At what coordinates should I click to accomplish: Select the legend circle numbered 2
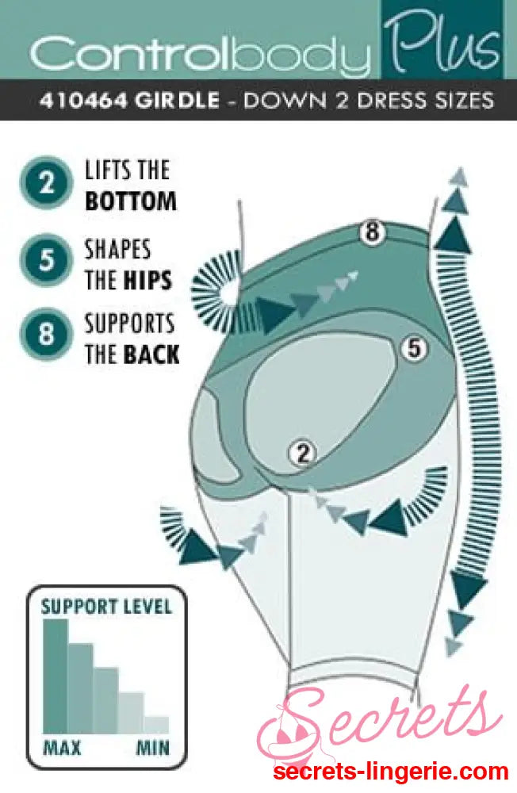click(47, 183)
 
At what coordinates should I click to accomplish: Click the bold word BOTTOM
click(130, 201)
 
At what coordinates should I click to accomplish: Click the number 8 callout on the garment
click(371, 232)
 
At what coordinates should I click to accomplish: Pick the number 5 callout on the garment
click(414, 347)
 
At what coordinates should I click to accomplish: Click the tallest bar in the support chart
click(55, 676)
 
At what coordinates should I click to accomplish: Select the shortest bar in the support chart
click(156, 725)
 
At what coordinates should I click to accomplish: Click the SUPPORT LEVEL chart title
click(105, 607)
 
